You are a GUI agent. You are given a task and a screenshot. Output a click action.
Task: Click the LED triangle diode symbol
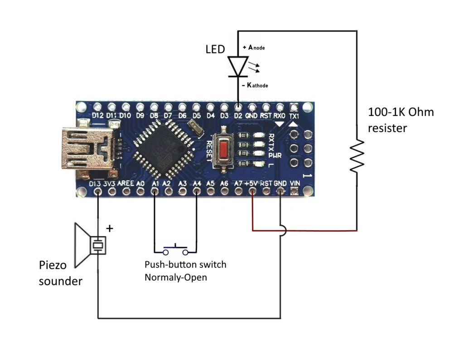point(238,67)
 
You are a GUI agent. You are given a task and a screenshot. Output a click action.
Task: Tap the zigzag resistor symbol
point(357,156)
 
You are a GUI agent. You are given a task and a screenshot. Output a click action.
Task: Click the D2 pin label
point(237,116)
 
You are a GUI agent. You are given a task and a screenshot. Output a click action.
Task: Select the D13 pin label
point(95,184)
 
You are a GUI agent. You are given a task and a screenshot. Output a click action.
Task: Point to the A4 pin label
point(197,184)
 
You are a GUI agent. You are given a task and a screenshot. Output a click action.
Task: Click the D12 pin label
point(97,116)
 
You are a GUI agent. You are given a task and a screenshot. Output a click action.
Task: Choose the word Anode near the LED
point(256,48)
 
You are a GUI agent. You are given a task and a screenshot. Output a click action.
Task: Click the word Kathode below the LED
point(257,85)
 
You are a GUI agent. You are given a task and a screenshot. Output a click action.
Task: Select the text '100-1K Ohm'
point(401,112)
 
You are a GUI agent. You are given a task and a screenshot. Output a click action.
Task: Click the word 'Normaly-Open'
point(176,277)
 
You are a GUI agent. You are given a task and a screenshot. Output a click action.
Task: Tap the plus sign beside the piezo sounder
point(109,229)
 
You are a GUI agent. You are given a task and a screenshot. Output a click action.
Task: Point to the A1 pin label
point(155,184)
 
